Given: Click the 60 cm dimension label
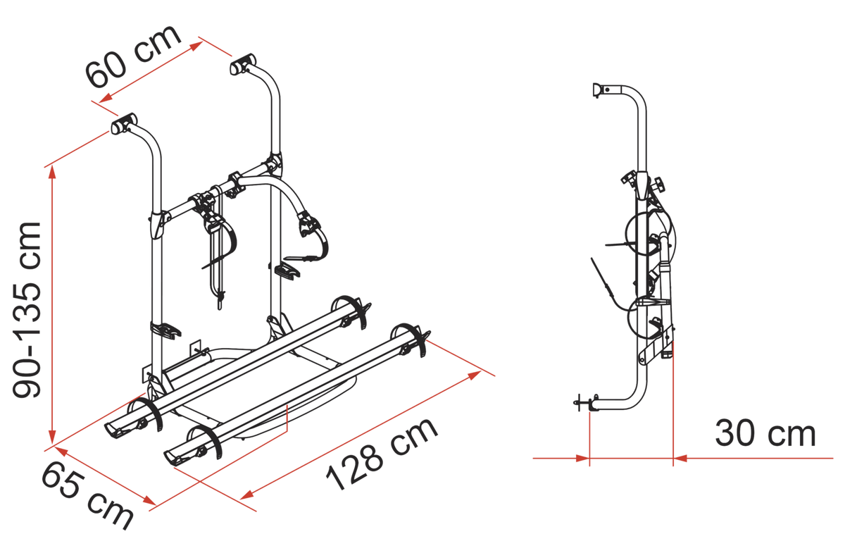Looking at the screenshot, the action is [x=133, y=56].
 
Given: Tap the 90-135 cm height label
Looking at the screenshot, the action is [x=27, y=309].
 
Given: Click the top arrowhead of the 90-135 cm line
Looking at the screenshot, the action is [x=52, y=172].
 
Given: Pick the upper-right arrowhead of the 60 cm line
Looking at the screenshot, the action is [x=196, y=46].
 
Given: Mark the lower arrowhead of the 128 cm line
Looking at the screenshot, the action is [x=246, y=495].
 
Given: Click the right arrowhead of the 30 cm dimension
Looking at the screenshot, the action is [x=680, y=459].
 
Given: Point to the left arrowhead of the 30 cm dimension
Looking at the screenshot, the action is [x=582, y=459].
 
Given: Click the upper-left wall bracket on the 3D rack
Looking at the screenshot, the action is [x=123, y=123].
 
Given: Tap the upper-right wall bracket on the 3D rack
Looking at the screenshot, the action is [x=242, y=65].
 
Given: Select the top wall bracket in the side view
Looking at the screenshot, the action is [x=600, y=91].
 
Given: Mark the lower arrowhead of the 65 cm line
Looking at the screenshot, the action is [x=149, y=501].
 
